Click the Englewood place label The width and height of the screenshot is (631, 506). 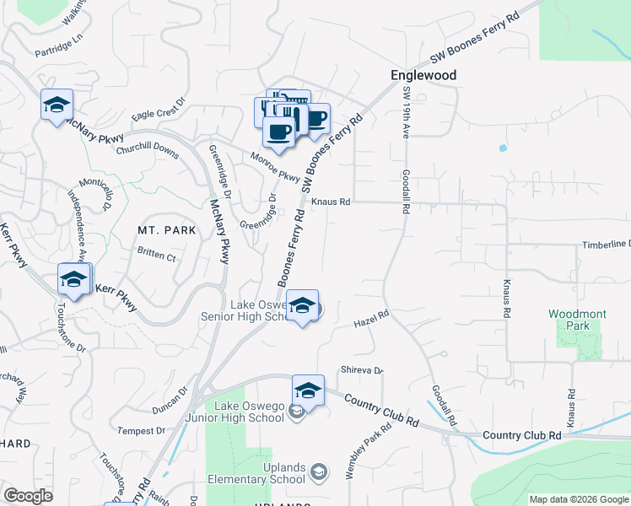(423, 75)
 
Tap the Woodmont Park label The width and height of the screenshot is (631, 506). (577, 320)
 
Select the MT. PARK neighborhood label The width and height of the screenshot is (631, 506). (167, 229)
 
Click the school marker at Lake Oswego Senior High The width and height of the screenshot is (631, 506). (303, 307)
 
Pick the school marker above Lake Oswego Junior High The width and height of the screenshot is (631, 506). (308, 391)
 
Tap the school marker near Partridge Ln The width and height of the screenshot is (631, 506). (57, 105)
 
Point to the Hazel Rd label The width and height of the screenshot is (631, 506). (370, 320)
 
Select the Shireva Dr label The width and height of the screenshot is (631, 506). (361, 370)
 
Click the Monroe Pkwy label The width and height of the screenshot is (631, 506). (275, 166)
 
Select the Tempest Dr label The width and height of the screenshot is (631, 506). (142, 431)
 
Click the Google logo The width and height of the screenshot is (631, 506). (27, 496)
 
